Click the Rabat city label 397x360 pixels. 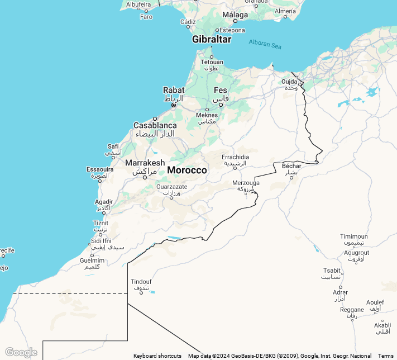tap(173, 90)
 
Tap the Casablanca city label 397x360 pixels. tap(155, 126)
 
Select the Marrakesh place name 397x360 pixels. tap(145, 163)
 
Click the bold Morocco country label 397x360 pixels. tap(187, 170)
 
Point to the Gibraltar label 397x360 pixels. tap(211, 39)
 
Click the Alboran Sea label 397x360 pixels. tap(265, 43)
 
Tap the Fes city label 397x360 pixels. tap(221, 90)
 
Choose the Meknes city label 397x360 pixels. tap(207, 116)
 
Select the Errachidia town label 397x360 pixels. tap(235, 157)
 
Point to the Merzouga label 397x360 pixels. tap(246, 183)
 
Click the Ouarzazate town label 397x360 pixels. tap(171, 187)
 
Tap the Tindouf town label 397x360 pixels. tap(141, 282)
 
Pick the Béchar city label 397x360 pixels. tap(291, 166)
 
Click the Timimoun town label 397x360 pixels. tap(354, 236)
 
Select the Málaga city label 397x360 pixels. tap(235, 15)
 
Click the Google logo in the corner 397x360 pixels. tap(21, 352)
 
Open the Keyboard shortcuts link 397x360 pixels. tap(157, 356)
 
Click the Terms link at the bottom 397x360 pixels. tap(385, 356)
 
